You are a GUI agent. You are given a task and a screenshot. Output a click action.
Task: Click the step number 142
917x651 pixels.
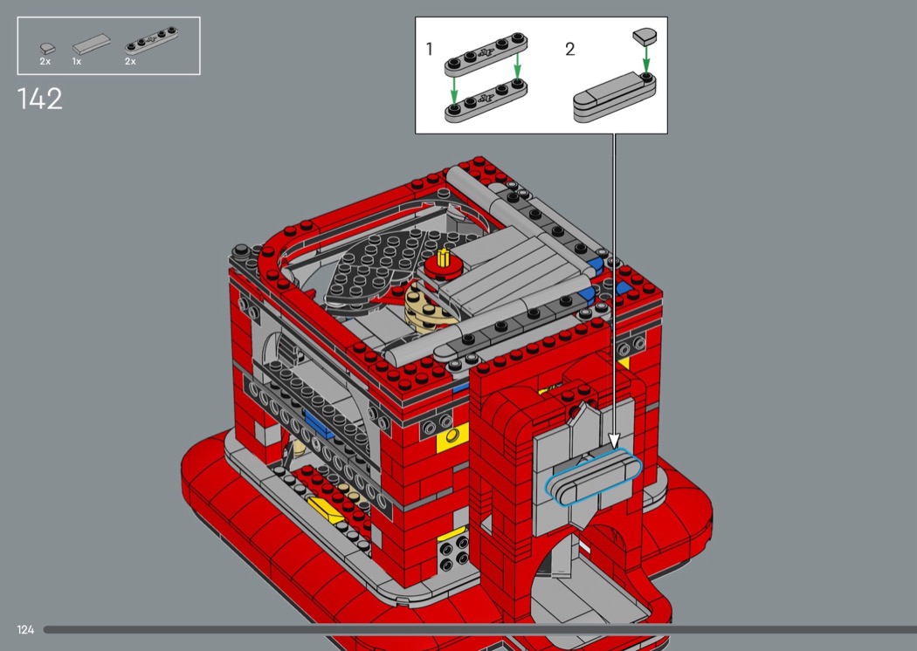point(40,99)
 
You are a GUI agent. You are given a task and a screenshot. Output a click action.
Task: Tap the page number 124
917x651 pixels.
point(25,629)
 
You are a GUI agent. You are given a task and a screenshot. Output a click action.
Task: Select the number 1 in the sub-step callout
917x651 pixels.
point(430,49)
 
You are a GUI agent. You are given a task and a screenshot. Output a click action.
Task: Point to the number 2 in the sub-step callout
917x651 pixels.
point(569,49)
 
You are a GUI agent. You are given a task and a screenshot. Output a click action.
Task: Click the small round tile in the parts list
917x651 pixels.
point(47,48)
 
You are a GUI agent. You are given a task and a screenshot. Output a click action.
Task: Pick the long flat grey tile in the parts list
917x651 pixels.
point(91,44)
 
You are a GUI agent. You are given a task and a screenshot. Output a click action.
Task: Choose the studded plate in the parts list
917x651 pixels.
point(151,40)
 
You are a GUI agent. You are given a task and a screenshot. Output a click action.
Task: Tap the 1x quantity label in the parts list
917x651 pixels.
point(77,61)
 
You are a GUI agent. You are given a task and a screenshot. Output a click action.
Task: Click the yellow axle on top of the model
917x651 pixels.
point(444,257)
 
